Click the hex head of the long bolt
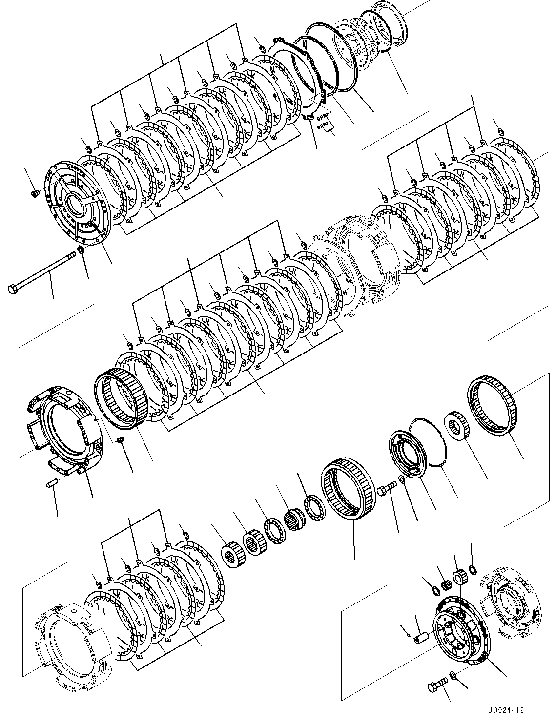point(12,289)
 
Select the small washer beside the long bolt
point(81,251)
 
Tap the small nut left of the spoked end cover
point(35,194)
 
